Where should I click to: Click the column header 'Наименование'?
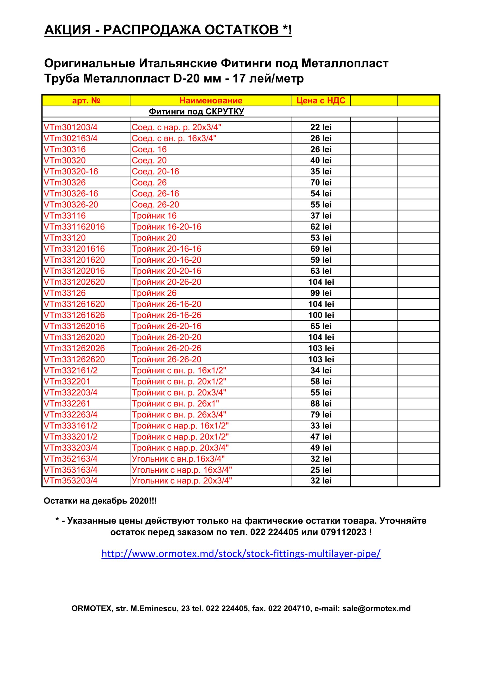210,100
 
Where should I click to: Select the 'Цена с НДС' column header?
321,100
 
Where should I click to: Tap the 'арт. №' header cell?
86,100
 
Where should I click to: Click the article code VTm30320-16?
71,171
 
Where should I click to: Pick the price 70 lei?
321,182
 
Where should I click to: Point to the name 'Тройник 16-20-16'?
166,227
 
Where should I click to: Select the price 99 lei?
321,293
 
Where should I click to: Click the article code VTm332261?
67,404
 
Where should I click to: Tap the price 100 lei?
321,315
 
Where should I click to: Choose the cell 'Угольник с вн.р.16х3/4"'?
178,459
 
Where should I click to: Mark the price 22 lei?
321,127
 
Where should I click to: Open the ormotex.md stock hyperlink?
241,554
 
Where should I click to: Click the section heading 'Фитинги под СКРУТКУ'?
197,112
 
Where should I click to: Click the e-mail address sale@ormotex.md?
376,609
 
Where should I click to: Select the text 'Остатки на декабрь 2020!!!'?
100,501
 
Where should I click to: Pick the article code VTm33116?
65,216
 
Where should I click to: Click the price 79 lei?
321,415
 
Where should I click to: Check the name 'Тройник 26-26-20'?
166,359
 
